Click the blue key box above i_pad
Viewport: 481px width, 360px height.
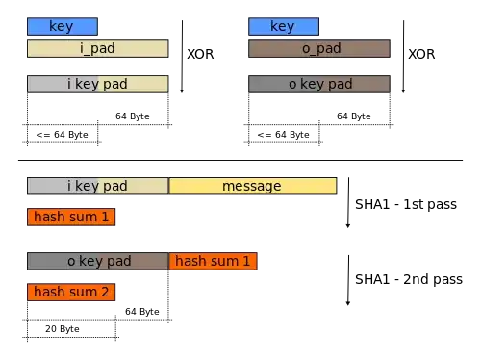[62, 27]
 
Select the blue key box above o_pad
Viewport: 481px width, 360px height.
[282, 27]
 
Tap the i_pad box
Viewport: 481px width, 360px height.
[97, 48]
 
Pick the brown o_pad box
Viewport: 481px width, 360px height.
[318, 48]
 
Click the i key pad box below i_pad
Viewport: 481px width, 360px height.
[97, 84]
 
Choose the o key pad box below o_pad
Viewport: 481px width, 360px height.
[318, 84]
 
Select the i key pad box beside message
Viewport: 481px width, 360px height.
[97, 186]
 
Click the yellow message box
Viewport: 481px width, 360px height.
[252, 186]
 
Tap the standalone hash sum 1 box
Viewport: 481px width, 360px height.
[71, 217]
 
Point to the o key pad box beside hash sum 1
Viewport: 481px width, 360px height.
[97, 261]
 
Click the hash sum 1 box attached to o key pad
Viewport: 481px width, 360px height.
[213, 261]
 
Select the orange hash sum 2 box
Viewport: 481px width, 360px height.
[71, 292]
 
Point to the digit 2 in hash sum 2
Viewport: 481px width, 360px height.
[106, 292]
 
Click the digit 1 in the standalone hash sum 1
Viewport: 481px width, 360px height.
[106, 217]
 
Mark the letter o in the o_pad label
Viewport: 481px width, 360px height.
[304, 48]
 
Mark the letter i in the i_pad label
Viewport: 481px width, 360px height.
[83, 48]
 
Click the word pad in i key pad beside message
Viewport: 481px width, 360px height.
[115, 186]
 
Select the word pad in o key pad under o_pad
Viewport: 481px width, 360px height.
[339, 84]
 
